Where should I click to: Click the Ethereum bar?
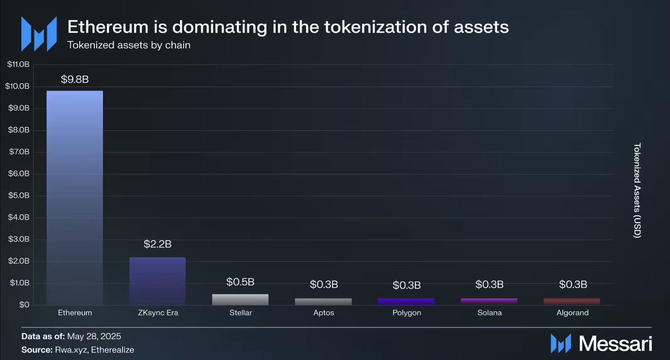click(x=75, y=198)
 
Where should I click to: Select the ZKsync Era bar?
click(x=157, y=281)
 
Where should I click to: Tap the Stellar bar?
click(x=241, y=300)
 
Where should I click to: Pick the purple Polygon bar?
click(x=406, y=302)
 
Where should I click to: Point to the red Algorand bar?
click(x=572, y=302)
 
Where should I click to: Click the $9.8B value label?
click(x=75, y=79)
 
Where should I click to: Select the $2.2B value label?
click(x=157, y=244)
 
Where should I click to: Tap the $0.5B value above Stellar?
click(x=241, y=282)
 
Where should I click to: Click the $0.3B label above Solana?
click(x=490, y=284)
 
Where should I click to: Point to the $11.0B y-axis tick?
click(x=18, y=64)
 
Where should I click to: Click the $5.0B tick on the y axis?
click(x=19, y=195)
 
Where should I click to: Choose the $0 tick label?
click(x=25, y=305)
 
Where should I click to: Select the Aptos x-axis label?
click(x=324, y=313)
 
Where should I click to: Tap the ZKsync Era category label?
click(x=158, y=313)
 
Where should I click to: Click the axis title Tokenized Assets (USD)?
click(x=637, y=190)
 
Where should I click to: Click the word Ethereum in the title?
click(x=108, y=27)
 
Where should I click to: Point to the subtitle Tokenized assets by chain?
click(x=129, y=45)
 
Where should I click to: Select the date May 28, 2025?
click(x=94, y=337)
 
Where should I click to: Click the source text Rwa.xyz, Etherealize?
click(x=94, y=350)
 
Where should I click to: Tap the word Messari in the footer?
click(x=615, y=344)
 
